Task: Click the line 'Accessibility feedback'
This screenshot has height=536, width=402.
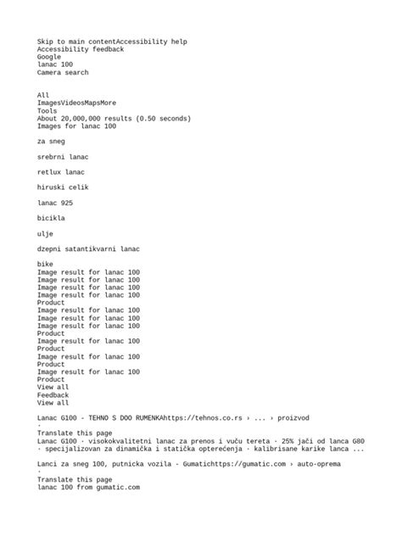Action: [x=80, y=49]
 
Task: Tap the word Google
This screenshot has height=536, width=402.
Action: [x=49, y=57]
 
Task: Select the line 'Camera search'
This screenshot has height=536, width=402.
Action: [x=63, y=73]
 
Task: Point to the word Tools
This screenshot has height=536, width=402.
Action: [x=47, y=110]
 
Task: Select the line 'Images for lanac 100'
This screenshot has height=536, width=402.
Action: [x=76, y=126]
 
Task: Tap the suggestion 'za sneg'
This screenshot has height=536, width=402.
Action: [x=51, y=142]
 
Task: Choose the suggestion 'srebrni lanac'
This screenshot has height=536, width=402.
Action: [x=63, y=157]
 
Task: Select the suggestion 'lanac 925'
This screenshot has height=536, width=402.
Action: [x=54, y=203]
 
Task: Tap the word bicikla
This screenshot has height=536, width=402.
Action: [x=51, y=218]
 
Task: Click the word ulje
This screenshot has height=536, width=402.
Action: [x=45, y=233]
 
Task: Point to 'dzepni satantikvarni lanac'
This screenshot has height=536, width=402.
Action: [x=88, y=248]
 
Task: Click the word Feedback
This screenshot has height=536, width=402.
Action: [x=53, y=395]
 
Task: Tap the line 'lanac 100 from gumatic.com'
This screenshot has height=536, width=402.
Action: [x=88, y=488]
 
